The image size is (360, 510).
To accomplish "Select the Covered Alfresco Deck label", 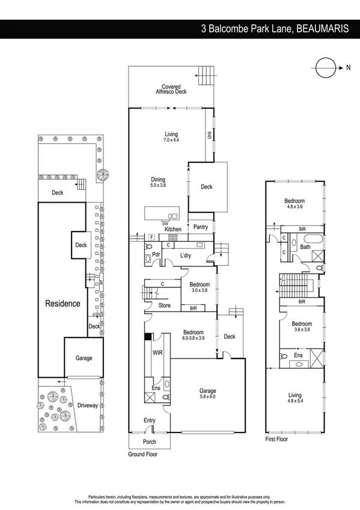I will (171, 90).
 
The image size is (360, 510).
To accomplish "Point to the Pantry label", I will (200, 227).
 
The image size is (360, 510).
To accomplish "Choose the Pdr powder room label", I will (155, 254).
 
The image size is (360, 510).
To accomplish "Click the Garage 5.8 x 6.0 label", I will (207, 394).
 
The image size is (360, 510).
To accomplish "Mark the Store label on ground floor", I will (165, 306).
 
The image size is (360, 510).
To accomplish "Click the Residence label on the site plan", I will (63, 304).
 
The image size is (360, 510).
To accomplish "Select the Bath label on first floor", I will (305, 247).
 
